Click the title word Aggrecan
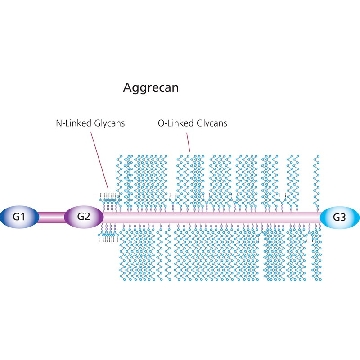(x=151, y=88)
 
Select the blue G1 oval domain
(x=20, y=217)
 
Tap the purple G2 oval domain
(x=84, y=217)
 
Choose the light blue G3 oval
(x=340, y=218)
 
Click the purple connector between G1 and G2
(x=52, y=217)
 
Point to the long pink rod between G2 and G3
(x=212, y=218)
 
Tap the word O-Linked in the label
(x=172, y=123)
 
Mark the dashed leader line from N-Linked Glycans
(x=99, y=159)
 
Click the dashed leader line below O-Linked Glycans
(x=188, y=141)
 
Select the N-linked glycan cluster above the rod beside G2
(x=109, y=202)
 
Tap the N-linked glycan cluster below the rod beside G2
(x=109, y=232)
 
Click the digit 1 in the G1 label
(x=23, y=217)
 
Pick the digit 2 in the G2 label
(x=87, y=217)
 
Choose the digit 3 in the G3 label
(x=343, y=217)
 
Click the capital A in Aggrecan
(x=127, y=88)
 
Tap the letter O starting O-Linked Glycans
(x=161, y=123)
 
